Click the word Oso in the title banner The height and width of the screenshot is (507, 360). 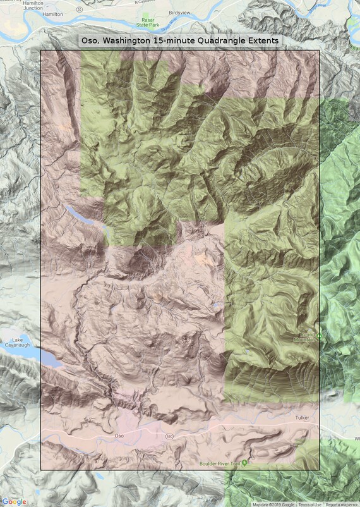[92, 40]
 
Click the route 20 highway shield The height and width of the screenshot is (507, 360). [80, 9]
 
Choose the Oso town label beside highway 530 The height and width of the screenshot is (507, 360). [118, 436]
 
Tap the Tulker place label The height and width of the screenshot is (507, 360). [304, 418]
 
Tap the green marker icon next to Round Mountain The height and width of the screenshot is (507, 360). [320, 335]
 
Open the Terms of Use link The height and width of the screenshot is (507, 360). [309, 504]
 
